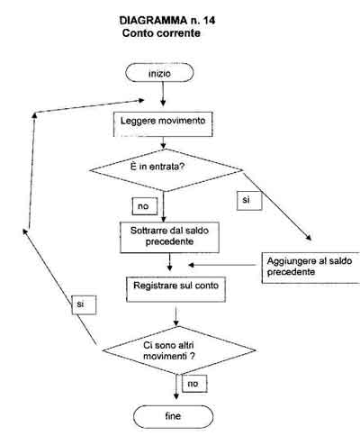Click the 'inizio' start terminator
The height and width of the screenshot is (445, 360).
click(x=159, y=73)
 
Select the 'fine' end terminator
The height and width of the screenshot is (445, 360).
click(x=173, y=416)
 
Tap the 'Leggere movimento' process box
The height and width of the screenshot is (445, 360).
click(x=163, y=124)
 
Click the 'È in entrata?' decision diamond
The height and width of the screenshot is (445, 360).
click(x=166, y=170)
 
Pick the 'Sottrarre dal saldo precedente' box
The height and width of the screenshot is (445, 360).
click(x=169, y=237)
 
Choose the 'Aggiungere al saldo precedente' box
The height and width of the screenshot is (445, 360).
click(x=310, y=268)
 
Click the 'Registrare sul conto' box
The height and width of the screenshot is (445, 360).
click(x=175, y=289)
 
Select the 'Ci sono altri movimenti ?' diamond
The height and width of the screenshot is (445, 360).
click(x=179, y=350)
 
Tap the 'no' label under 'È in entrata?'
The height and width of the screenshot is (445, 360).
click(x=145, y=206)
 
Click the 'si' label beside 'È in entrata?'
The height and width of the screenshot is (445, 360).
click(x=249, y=201)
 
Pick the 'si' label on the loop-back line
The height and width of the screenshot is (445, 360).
click(x=84, y=304)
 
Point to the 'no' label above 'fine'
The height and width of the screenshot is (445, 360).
click(x=194, y=384)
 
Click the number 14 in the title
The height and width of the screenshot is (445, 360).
click(x=209, y=21)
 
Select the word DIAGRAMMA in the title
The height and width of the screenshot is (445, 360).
click(x=153, y=21)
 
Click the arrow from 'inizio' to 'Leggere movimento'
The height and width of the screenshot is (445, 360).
click(x=163, y=94)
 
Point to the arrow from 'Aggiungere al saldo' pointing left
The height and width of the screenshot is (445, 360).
click(x=222, y=265)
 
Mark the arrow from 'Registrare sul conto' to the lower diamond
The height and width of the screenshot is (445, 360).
click(x=176, y=316)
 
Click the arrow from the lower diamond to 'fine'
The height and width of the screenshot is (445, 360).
click(x=176, y=386)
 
